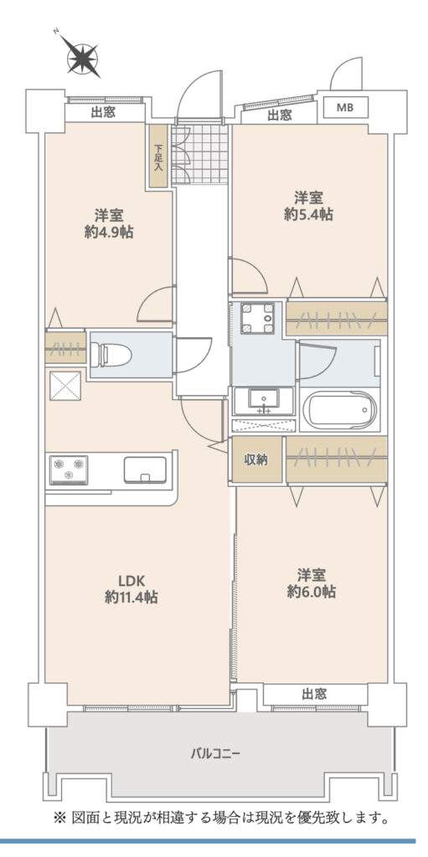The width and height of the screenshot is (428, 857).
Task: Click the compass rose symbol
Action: pyautogui.click(x=82, y=56)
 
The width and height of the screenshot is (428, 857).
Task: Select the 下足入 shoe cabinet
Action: pyautogui.click(x=159, y=157)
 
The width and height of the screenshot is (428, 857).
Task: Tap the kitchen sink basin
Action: pyautogui.click(x=145, y=470)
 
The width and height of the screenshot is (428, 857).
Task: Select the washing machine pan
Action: pyautogui.click(x=257, y=318)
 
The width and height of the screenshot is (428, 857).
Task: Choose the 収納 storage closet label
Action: pyautogui.click(x=255, y=459)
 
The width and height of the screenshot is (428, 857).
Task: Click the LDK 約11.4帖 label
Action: pyautogui.click(x=131, y=588)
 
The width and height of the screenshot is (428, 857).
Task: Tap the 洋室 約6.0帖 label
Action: pyautogui.click(x=312, y=583)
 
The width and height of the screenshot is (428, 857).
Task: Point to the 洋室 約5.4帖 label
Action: pyautogui.click(x=309, y=206)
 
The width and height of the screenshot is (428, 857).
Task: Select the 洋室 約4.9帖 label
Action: pyautogui.click(x=110, y=223)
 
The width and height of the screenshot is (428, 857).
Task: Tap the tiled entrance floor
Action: pyautogui.click(x=199, y=155)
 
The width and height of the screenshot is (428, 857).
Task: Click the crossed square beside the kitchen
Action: pyautogui.click(x=65, y=387)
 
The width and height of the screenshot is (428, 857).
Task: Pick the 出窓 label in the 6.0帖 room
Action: pyautogui.click(x=314, y=694)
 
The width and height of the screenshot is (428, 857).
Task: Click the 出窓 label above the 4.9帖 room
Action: pyautogui.click(x=103, y=113)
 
